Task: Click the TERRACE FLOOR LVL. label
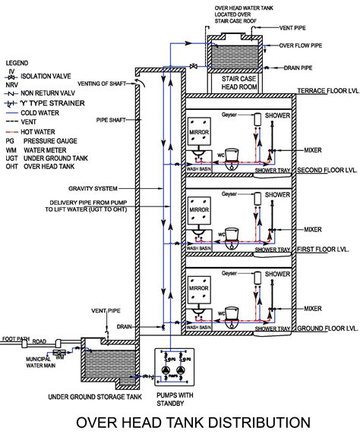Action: [x=324, y=90]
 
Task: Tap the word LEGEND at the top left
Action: [x=17, y=60]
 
